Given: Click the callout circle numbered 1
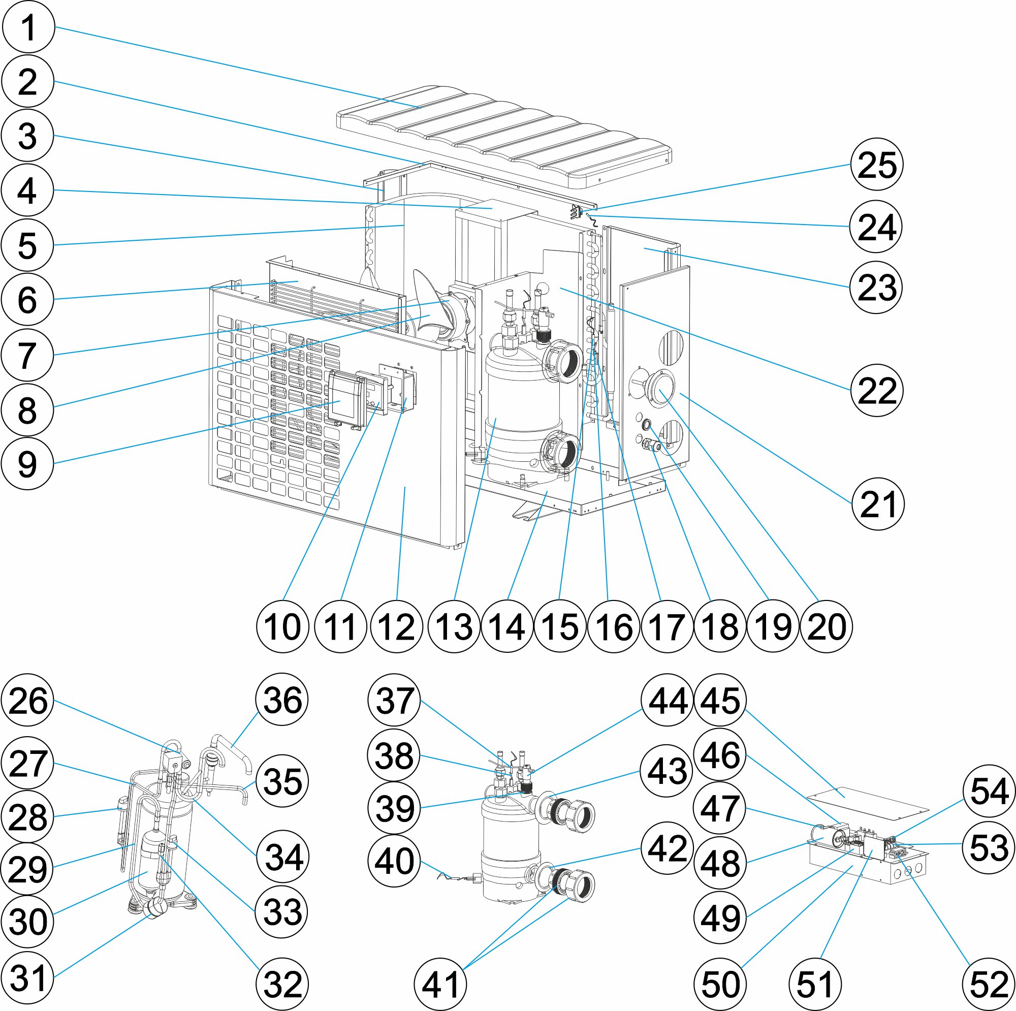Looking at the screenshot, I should (28, 27).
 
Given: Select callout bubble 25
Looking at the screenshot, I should (877, 164).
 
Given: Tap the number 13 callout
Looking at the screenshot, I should (454, 626).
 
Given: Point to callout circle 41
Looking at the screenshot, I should (440, 984).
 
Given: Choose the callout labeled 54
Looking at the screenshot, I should (989, 791).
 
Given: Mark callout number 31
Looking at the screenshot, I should (28, 978).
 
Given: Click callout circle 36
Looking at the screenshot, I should (282, 700).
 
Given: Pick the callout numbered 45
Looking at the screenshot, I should (720, 700).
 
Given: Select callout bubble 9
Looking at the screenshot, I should (27, 464).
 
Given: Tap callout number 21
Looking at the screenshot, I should (878, 504).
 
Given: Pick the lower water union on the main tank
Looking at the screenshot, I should (561, 451).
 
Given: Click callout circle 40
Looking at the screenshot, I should (394, 861).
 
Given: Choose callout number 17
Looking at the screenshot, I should (667, 626).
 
